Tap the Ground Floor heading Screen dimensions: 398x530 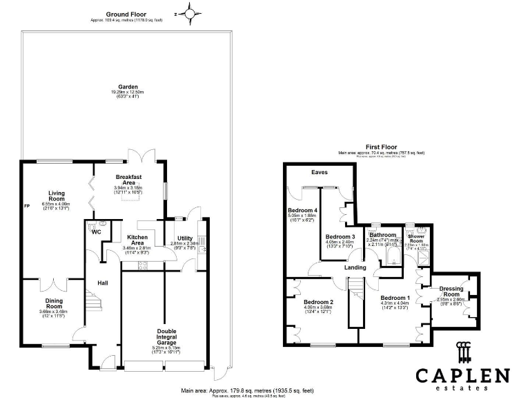(x=126, y=14)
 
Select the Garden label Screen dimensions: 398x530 (x=126, y=86)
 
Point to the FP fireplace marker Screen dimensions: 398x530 (x=26, y=207)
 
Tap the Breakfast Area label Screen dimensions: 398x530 (x=128, y=179)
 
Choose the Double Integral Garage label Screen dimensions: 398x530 (x=166, y=337)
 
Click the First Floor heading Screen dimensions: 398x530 (x=381, y=147)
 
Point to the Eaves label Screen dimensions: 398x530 (x=319, y=172)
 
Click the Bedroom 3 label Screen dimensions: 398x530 (x=340, y=237)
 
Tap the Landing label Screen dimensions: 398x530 (x=356, y=267)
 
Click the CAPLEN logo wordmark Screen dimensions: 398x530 (x=462, y=376)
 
